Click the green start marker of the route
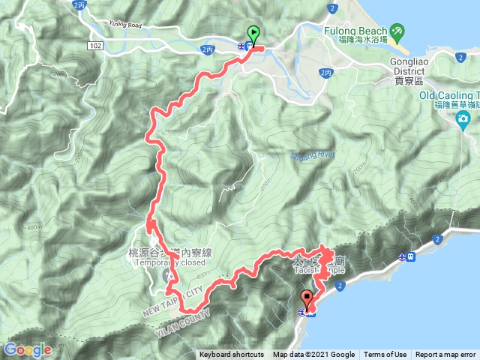253,34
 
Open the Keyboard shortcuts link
232,355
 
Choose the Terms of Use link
385,355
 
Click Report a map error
446,355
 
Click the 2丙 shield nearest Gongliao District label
325,73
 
